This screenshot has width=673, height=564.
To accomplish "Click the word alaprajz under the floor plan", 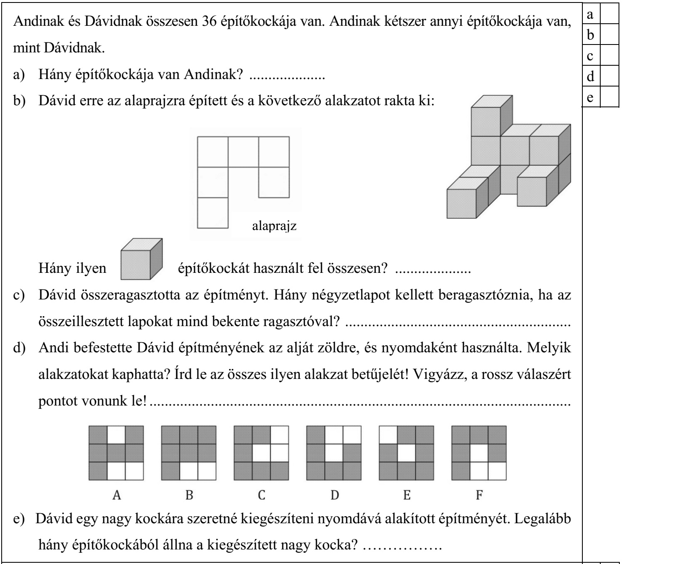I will coord(274,227).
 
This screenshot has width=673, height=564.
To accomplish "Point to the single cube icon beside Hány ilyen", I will coord(141,259).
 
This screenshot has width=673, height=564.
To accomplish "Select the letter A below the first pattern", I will coord(117,495).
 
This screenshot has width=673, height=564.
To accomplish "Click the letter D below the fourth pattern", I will coord(335,495).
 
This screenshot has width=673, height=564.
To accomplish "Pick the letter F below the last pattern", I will coord(479,495).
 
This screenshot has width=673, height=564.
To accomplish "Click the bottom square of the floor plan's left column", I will coord(212,213).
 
